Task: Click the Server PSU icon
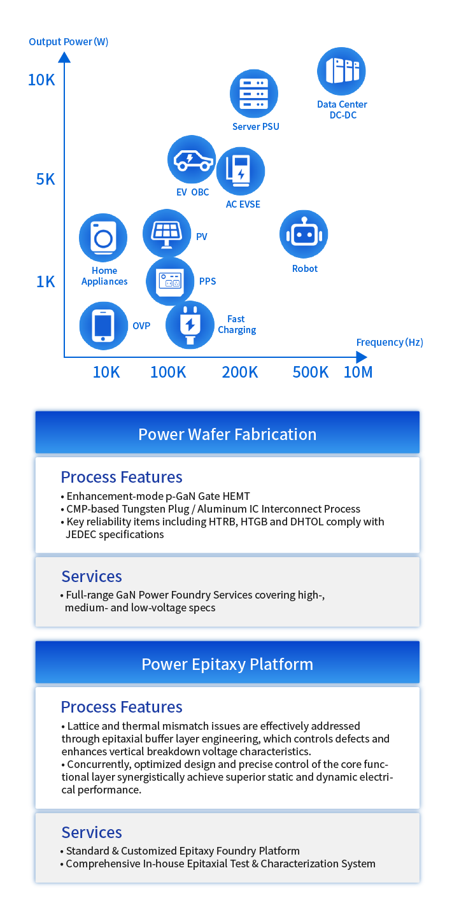pyautogui.click(x=254, y=94)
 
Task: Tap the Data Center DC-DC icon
pyautogui.click(x=341, y=71)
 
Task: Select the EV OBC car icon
pyautogui.click(x=192, y=159)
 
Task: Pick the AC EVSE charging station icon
pyautogui.click(x=241, y=171)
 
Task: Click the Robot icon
pyautogui.click(x=304, y=234)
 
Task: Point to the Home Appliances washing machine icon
pyautogui.click(x=103, y=238)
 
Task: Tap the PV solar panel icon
pyautogui.click(x=167, y=233)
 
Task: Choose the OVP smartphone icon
pyautogui.click(x=104, y=326)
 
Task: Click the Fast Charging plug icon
pyautogui.click(x=190, y=325)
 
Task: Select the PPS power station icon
pyautogui.click(x=171, y=281)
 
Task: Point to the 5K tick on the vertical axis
pyautogui.click(x=45, y=180)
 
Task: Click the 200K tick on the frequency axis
pyautogui.click(x=240, y=373)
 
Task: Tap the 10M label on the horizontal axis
pyautogui.click(x=358, y=373)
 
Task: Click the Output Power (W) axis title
pyautogui.click(x=68, y=42)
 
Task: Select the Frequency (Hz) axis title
pyautogui.click(x=390, y=342)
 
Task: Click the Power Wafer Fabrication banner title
pyautogui.click(x=227, y=434)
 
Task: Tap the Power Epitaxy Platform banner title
pyautogui.click(x=227, y=664)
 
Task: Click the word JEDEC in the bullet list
pyautogui.click(x=81, y=534)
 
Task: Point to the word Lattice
pyautogui.click(x=83, y=726)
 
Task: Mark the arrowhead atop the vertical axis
pyautogui.click(x=64, y=57)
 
